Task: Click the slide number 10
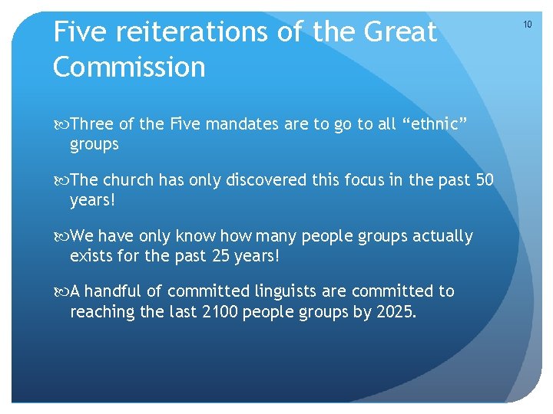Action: click(528, 25)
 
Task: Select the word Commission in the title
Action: click(129, 67)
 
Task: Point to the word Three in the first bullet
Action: click(92, 124)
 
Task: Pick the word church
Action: click(128, 180)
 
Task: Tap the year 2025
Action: click(396, 311)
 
